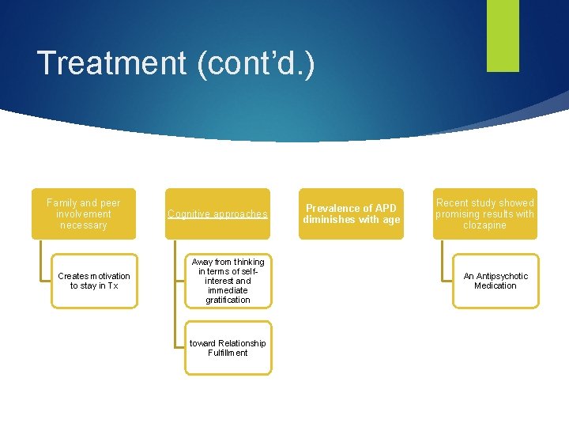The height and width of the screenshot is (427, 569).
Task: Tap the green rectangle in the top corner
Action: (x=503, y=35)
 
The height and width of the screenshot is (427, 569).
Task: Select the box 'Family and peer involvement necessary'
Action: (x=84, y=213)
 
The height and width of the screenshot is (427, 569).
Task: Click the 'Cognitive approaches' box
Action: (x=217, y=213)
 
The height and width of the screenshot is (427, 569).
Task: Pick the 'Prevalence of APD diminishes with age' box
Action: (x=352, y=213)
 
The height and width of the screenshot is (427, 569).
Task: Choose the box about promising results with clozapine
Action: (x=484, y=213)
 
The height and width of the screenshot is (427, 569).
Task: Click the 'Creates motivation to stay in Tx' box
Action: (x=94, y=281)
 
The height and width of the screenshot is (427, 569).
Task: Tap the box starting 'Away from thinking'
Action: (x=228, y=281)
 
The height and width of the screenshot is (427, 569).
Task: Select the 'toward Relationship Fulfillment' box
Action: (x=228, y=347)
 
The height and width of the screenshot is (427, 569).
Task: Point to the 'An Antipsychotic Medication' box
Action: (x=496, y=281)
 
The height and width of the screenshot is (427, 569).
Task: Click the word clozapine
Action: (x=484, y=225)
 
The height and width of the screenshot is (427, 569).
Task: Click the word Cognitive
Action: (x=189, y=214)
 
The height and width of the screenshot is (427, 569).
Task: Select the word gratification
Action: (x=228, y=300)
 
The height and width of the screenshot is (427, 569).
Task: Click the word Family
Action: (x=62, y=203)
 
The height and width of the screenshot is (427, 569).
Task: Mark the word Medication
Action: (x=496, y=285)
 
